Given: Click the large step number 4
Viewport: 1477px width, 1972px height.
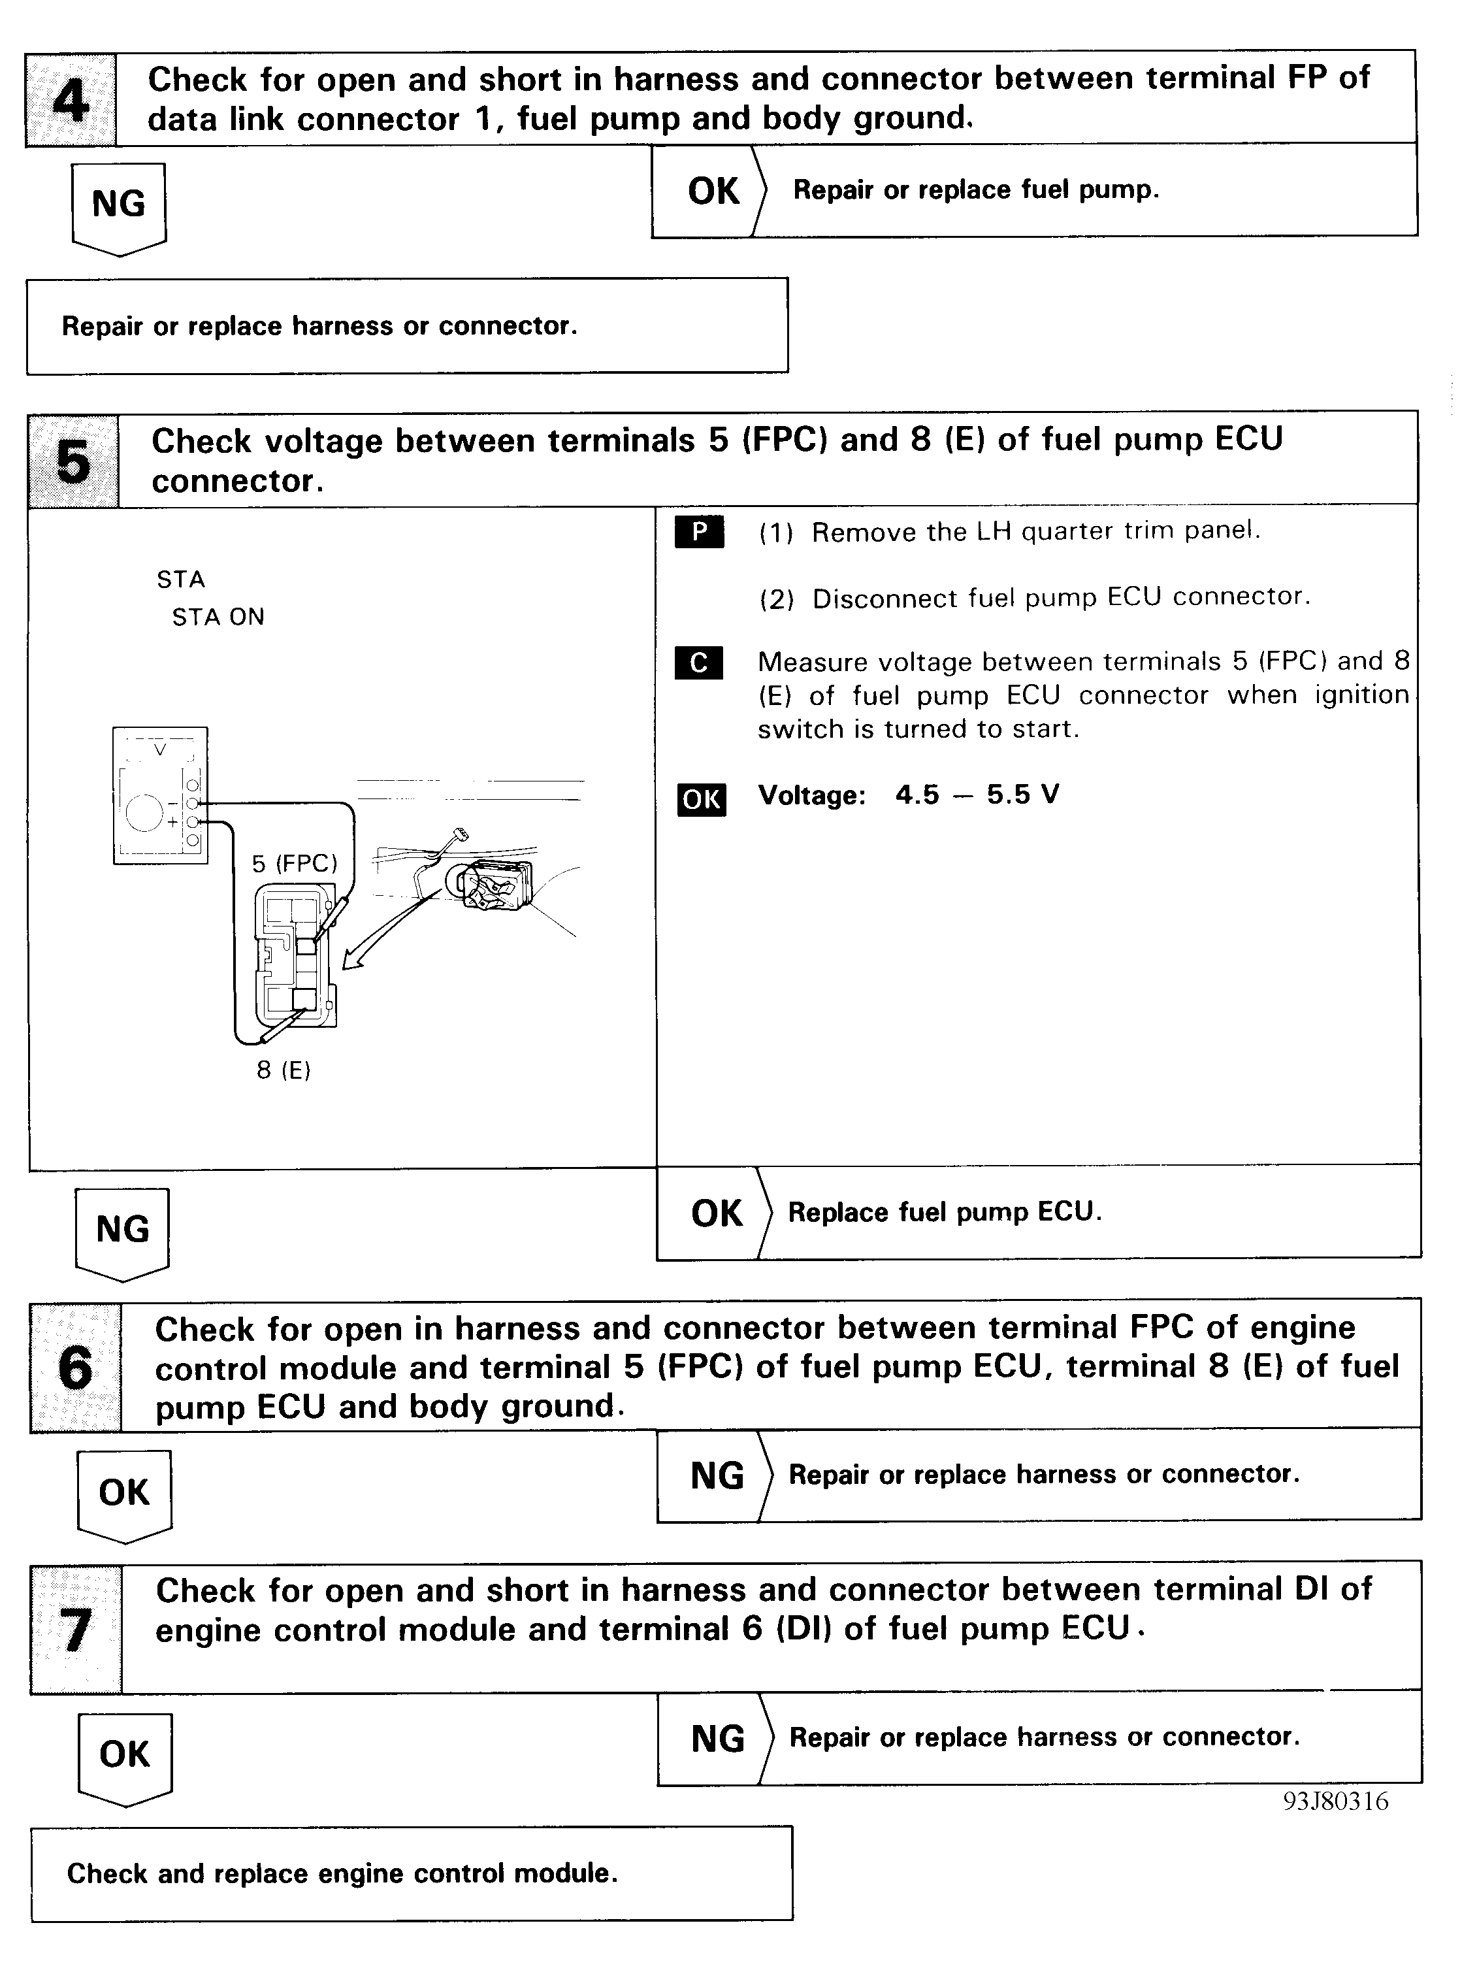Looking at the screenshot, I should click(71, 100).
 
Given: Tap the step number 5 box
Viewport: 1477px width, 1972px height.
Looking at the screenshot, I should click(73, 461).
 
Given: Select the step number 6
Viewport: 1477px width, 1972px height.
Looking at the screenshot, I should click(75, 1368).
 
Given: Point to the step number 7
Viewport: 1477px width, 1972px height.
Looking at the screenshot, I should click(76, 1629).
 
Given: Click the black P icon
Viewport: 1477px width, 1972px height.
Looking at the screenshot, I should click(699, 533).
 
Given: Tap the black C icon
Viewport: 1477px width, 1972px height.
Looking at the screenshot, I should click(699, 663).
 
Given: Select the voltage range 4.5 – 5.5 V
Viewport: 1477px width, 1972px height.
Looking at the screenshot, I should click(977, 795).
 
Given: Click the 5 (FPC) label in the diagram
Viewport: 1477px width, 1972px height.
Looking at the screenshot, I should click(294, 863).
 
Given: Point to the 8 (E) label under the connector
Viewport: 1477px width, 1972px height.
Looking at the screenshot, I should click(284, 1070).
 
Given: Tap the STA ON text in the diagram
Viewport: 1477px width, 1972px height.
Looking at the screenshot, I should click(218, 617).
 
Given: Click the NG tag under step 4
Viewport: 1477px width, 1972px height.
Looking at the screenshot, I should click(118, 205).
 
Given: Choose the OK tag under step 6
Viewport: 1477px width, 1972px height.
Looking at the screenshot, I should click(124, 1492).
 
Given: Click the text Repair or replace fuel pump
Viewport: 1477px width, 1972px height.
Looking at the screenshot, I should click(976, 190).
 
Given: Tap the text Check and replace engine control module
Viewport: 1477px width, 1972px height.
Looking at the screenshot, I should click(342, 1873).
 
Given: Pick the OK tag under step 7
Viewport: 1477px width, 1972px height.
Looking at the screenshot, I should click(125, 1754).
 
